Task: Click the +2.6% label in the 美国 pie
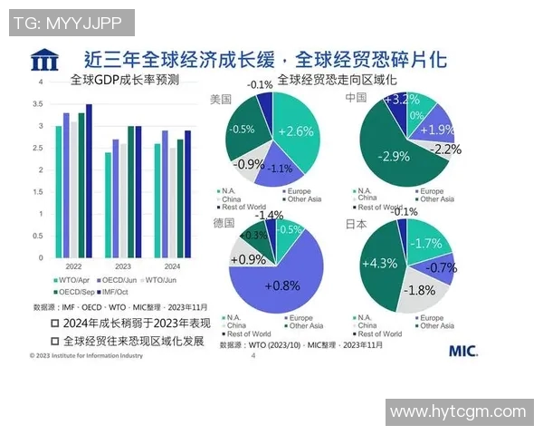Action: click(295, 131)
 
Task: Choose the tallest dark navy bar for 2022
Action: click(89, 181)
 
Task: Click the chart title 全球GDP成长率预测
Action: click(124, 80)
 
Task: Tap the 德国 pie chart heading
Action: click(222, 222)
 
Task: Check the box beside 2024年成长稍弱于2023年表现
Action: click(56, 323)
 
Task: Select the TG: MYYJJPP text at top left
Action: click(72, 23)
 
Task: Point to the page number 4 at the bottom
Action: click(252, 356)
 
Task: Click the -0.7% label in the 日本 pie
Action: click(441, 268)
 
